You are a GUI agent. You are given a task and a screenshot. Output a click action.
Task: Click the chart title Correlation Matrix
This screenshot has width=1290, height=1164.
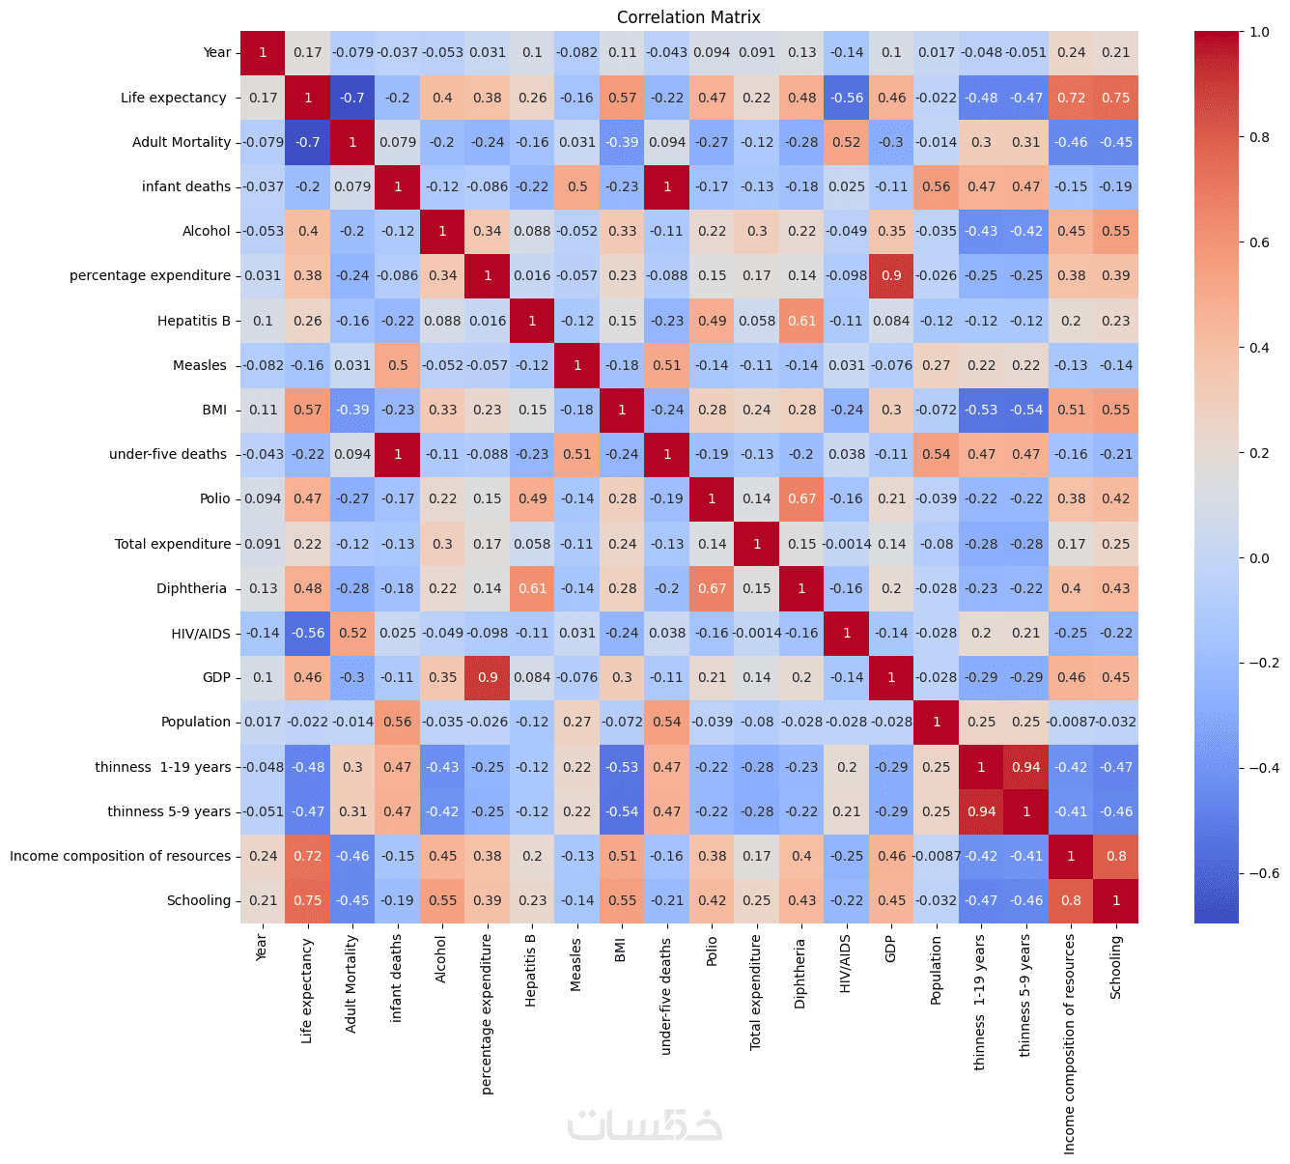click(x=688, y=17)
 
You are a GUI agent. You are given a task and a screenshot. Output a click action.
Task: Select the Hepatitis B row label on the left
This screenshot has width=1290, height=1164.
click(x=194, y=321)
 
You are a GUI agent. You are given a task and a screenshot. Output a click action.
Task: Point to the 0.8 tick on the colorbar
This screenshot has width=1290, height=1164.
click(x=1259, y=137)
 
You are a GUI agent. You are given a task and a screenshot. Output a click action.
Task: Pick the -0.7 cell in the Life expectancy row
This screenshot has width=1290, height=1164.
click(x=352, y=98)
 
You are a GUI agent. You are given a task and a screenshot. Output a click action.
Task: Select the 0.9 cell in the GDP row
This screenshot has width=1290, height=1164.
click(x=488, y=677)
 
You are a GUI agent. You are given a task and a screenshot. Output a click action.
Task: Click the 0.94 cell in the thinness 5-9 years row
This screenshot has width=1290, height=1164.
click(x=982, y=811)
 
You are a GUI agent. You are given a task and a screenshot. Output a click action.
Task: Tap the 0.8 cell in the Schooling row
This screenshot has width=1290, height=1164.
click(x=1072, y=900)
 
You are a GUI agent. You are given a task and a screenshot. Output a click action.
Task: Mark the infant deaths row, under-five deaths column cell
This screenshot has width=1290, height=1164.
click(x=667, y=186)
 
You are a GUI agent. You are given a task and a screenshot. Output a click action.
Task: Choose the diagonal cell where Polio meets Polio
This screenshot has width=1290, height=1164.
click(x=713, y=498)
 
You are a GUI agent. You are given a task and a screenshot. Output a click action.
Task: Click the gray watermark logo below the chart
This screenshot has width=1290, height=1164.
click(x=644, y=1124)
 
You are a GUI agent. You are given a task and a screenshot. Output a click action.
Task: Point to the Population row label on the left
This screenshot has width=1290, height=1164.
click(x=196, y=722)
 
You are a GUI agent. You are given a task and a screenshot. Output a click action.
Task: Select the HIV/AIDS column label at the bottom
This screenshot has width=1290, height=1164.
click(x=846, y=963)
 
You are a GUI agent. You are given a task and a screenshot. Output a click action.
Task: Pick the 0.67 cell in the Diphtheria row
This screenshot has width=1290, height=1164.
click(x=713, y=588)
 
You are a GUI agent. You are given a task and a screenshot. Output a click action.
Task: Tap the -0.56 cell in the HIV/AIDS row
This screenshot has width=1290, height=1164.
click(x=308, y=633)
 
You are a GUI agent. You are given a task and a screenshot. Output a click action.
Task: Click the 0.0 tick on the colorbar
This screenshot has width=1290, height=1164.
click(x=1258, y=558)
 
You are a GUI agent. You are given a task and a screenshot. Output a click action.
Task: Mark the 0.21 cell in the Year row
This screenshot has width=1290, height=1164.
click(x=1116, y=52)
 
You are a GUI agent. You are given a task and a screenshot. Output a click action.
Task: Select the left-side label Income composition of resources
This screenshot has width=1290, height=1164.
click(x=121, y=856)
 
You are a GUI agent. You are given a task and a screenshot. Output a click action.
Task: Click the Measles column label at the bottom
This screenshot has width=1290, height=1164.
click(x=576, y=963)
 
